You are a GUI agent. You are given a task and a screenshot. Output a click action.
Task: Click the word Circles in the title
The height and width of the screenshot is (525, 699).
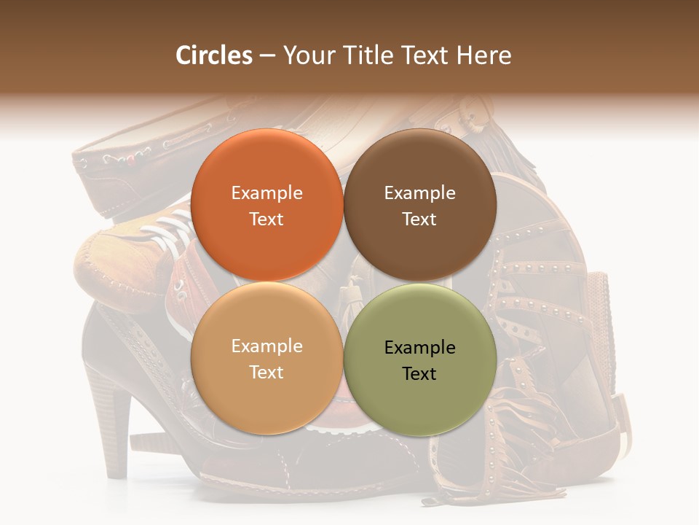click(214, 55)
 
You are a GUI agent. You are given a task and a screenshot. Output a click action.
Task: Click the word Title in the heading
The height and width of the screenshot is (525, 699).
click(368, 55)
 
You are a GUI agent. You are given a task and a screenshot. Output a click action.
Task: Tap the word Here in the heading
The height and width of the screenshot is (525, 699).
click(483, 55)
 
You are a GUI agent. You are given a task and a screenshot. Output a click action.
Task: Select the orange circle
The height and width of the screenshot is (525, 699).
click(267, 168)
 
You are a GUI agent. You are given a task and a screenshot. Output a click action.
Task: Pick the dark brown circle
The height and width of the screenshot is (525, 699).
click(420, 168)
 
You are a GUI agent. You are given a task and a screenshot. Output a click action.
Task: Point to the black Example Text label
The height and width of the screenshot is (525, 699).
click(420, 360)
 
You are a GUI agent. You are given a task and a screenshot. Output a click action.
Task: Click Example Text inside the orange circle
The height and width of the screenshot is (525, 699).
click(267, 206)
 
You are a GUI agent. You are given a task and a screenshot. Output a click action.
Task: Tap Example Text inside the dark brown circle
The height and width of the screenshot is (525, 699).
click(420, 206)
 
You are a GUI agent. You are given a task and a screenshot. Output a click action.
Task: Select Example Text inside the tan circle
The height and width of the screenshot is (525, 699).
click(267, 359)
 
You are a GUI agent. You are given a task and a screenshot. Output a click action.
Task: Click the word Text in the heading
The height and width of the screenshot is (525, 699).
click(426, 55)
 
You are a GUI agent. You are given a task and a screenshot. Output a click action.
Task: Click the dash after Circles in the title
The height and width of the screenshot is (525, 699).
click(267, 56)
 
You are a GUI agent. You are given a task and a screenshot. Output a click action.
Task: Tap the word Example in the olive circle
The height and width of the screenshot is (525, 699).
click(420, 348)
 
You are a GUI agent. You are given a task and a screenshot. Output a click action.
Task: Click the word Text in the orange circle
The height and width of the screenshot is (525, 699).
click(267, 219)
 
